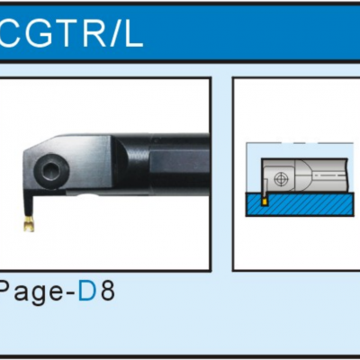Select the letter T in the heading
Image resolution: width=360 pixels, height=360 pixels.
click(x=67, y=33)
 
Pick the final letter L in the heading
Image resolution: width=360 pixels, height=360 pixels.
click(x=134, y=33)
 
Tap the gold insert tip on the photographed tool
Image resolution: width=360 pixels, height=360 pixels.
click(x=29, y=224)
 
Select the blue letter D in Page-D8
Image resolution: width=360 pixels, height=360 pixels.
click(x=87, y=291)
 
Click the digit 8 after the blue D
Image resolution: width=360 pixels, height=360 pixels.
click(x=108, y=291)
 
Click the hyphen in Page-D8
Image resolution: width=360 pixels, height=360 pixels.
click(x=69, y=294)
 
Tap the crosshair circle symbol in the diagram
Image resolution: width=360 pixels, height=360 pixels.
click(x=281, y=179)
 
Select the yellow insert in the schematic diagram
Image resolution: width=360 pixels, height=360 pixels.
click(x=265, y=202)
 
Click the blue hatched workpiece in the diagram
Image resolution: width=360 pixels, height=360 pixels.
click(x=299, y=204)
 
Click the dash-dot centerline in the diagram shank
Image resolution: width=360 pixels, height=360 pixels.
click(x=330, y=174)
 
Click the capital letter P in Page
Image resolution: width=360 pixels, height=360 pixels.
click(x=3, y=291)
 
